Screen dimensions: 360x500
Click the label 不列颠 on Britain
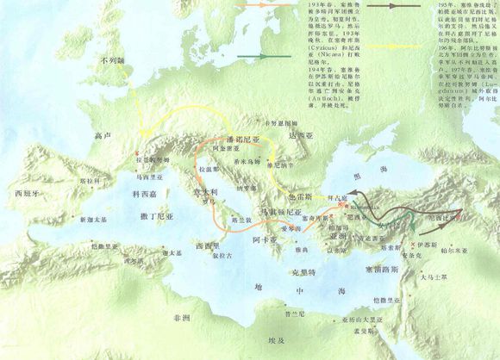pos(113,60)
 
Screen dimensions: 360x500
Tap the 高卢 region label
pos(106,136)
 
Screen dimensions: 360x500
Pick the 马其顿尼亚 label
pos(282,212)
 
